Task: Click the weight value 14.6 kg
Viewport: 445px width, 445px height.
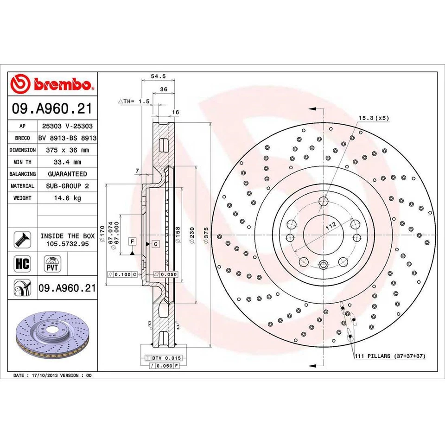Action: (67, 198)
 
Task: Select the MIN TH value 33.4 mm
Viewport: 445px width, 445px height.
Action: (67, 162)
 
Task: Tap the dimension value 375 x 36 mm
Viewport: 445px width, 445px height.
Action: (67, 150)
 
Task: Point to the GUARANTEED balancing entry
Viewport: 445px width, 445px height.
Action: (67, 174)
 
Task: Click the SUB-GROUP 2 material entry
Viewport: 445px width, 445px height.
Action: (67, 186)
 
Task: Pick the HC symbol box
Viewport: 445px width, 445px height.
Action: (22, 264)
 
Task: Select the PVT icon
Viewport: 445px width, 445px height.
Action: (52, 265)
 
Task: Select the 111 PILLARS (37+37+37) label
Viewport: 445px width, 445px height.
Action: (389, 356)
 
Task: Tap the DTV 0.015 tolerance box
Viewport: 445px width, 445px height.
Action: (165, 358)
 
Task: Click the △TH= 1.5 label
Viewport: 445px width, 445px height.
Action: (135, 101)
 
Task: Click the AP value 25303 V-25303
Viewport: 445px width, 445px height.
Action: (67, 126)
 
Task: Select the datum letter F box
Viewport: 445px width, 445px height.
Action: (132, 242)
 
